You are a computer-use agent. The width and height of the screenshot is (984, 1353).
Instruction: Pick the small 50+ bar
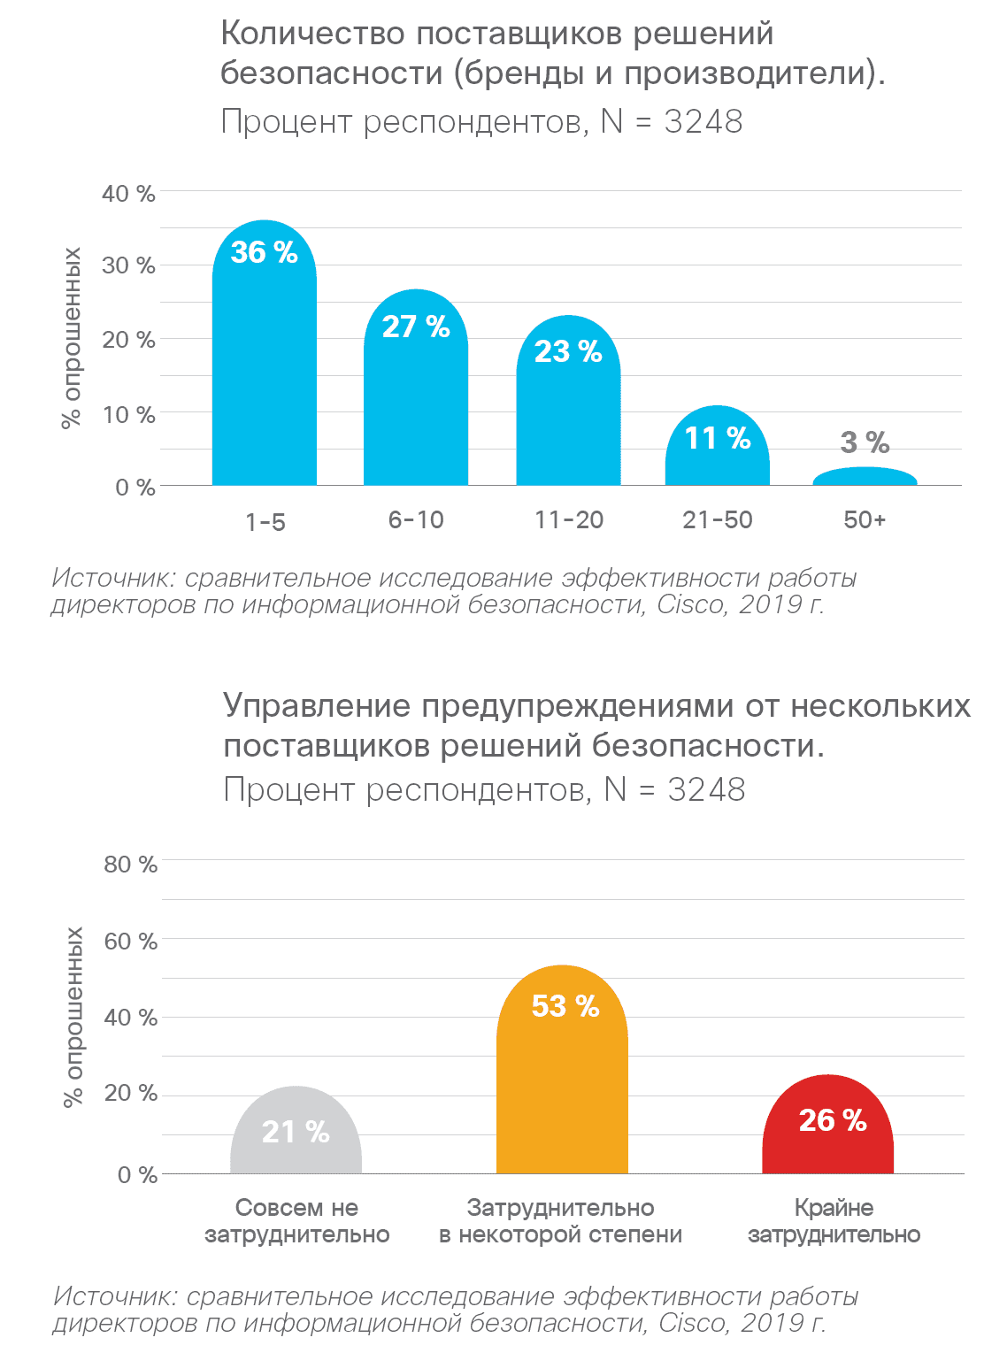pos(865,477)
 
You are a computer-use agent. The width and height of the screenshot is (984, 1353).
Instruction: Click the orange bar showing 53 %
pos(562,1088)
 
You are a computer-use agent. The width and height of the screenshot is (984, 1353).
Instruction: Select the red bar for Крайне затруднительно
pos(827,1142)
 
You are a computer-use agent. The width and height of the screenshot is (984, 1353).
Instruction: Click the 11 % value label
pos(717,438)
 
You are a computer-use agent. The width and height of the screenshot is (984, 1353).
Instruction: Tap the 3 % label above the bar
pos(865,442)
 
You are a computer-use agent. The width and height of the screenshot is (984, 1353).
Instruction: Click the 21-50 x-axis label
pos(717,519)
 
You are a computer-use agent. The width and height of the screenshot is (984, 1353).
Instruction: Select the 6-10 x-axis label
pos(416,519)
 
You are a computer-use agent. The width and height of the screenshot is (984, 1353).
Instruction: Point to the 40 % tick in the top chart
pos(128,193)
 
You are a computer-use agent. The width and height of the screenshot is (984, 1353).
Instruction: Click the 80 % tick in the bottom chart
pos(130,864)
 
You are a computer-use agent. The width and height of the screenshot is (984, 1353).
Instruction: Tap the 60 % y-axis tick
pos(130,941)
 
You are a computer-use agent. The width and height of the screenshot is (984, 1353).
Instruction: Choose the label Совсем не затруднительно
pos(296,1220)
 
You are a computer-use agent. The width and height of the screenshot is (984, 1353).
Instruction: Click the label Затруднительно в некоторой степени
pos(560,1220)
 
